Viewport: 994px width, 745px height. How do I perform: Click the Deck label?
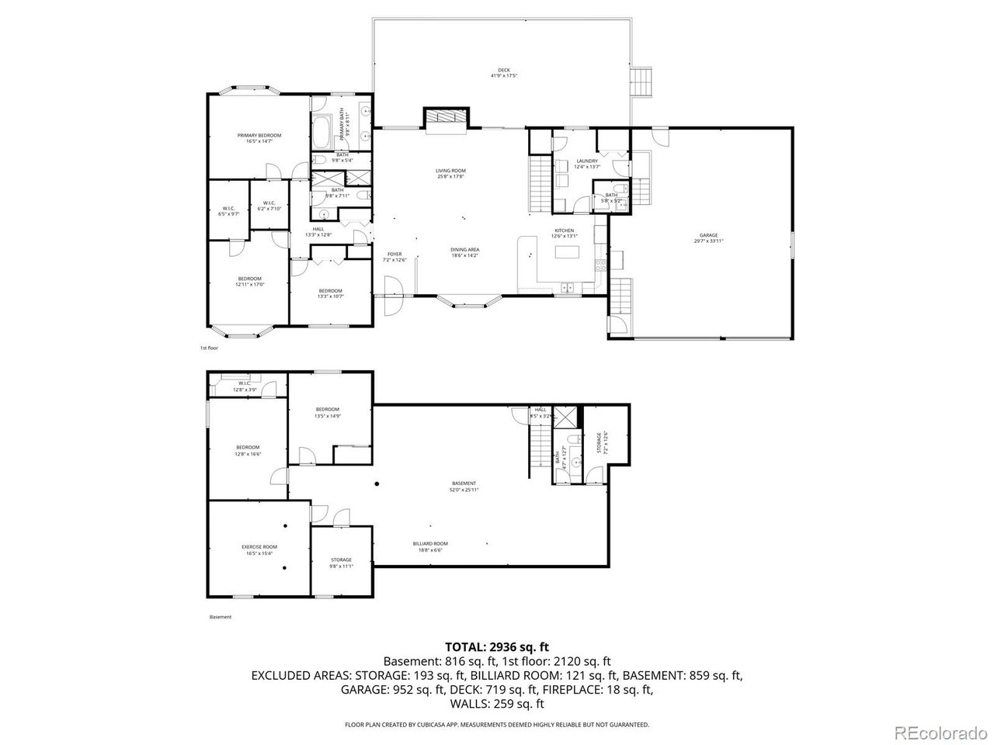(x=503, y=73)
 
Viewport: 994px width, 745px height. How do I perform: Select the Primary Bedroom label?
(x=259, y=138)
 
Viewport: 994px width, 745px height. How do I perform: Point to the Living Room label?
(x=450, y=173)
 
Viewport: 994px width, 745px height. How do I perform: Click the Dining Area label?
(x=464, y=252)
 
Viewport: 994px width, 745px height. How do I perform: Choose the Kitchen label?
(x=563, y=233)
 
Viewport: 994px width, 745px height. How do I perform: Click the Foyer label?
(x=394, y=257)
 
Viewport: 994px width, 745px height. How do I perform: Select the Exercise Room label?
(x=259, y=549)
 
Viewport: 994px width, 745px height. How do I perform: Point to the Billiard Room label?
(x=430, y=546)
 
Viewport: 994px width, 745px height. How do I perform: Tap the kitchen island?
(x=568, y=253)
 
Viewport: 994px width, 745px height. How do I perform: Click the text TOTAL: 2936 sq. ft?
(x=497, y=646)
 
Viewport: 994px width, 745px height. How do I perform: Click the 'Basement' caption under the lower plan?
(x=221, y=617)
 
